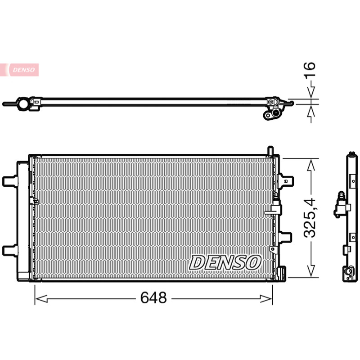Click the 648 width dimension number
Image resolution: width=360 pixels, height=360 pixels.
(153, 298)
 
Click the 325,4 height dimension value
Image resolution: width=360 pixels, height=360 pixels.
(310, 218)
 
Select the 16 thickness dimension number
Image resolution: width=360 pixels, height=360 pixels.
(310, 70)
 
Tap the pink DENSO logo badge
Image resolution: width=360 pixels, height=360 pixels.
(19, 70)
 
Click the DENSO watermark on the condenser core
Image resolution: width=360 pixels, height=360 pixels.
(225, 262)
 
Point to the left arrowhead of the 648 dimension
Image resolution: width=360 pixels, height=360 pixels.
(41, 299)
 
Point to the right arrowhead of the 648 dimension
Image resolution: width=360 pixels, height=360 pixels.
(266, 299)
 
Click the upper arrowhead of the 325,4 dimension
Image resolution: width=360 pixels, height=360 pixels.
(311, 165)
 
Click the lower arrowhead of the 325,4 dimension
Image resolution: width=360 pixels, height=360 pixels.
(311, 270)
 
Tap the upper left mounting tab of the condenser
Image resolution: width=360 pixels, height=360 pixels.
(10, 181)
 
